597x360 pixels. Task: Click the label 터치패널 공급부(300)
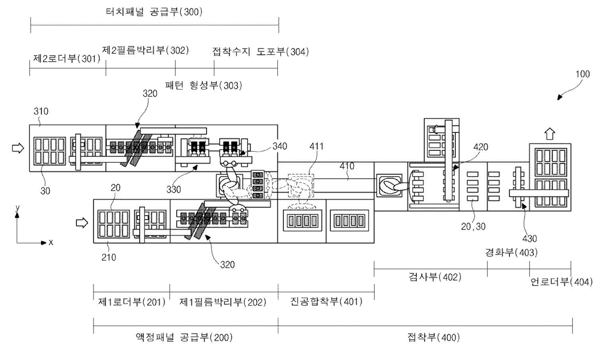(x=154, y=12)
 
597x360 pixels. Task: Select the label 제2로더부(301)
(x=66, y=58)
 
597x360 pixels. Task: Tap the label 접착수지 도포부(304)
(x=260, y=51)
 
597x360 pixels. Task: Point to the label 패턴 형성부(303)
(x=204, y=85)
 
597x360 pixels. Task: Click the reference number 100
(x=583, y=74)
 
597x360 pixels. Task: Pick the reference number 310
(x=41, y=111)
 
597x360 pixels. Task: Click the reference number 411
(x=316, y=146)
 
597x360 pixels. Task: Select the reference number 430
(x=530, y=239)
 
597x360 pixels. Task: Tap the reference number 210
(x=109, y=257)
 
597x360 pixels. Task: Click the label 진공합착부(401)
(x=326, y=301)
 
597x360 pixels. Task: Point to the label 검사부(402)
(x=435, y=277)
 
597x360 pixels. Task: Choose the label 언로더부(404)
(x=561, y=282)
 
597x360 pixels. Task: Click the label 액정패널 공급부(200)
(x=184, y=337)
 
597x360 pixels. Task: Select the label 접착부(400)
(x=434, y=337)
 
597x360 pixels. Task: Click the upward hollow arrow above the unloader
(x=549, y=134)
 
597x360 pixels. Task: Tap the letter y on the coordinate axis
(x=18, y=208)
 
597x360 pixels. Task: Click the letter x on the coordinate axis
(x=51, y=243)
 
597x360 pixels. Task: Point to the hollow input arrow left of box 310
(x=18, y=148)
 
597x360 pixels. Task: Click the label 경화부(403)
(x=511, y=252)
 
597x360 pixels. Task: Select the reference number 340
(x=280, y=146)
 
